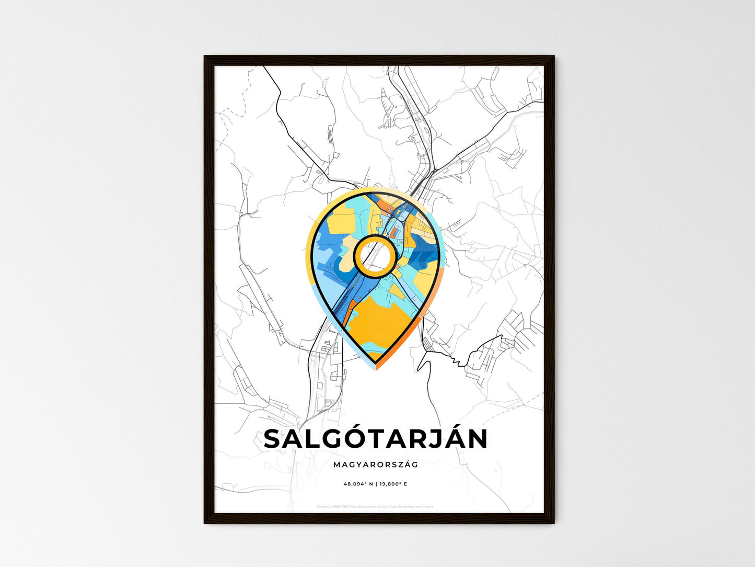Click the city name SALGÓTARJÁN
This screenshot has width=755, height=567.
point(376,439)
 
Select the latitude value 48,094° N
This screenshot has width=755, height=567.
point(358,484)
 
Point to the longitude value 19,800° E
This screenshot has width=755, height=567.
point(393,484)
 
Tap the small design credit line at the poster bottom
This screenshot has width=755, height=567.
point(375,506)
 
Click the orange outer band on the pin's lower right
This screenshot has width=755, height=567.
point(413,335)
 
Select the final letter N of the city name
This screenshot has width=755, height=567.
point(477,439)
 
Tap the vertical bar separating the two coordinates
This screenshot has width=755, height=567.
point(376,484)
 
